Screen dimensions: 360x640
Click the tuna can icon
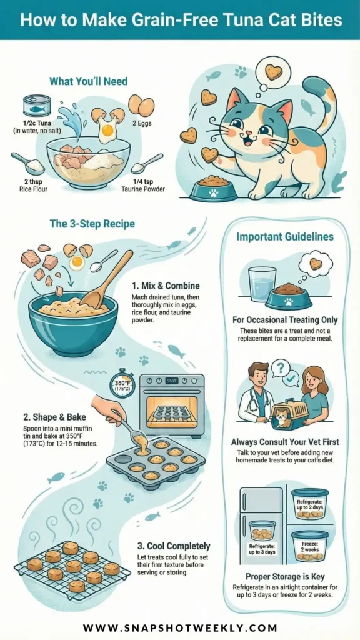point(37,106)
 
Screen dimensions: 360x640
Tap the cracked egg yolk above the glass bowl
point(107,130)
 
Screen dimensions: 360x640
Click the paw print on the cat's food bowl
point(214,193)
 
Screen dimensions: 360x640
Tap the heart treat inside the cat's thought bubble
point(274,72)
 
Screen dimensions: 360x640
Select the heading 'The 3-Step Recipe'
point(92,224)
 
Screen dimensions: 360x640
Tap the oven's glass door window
point(171,410)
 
